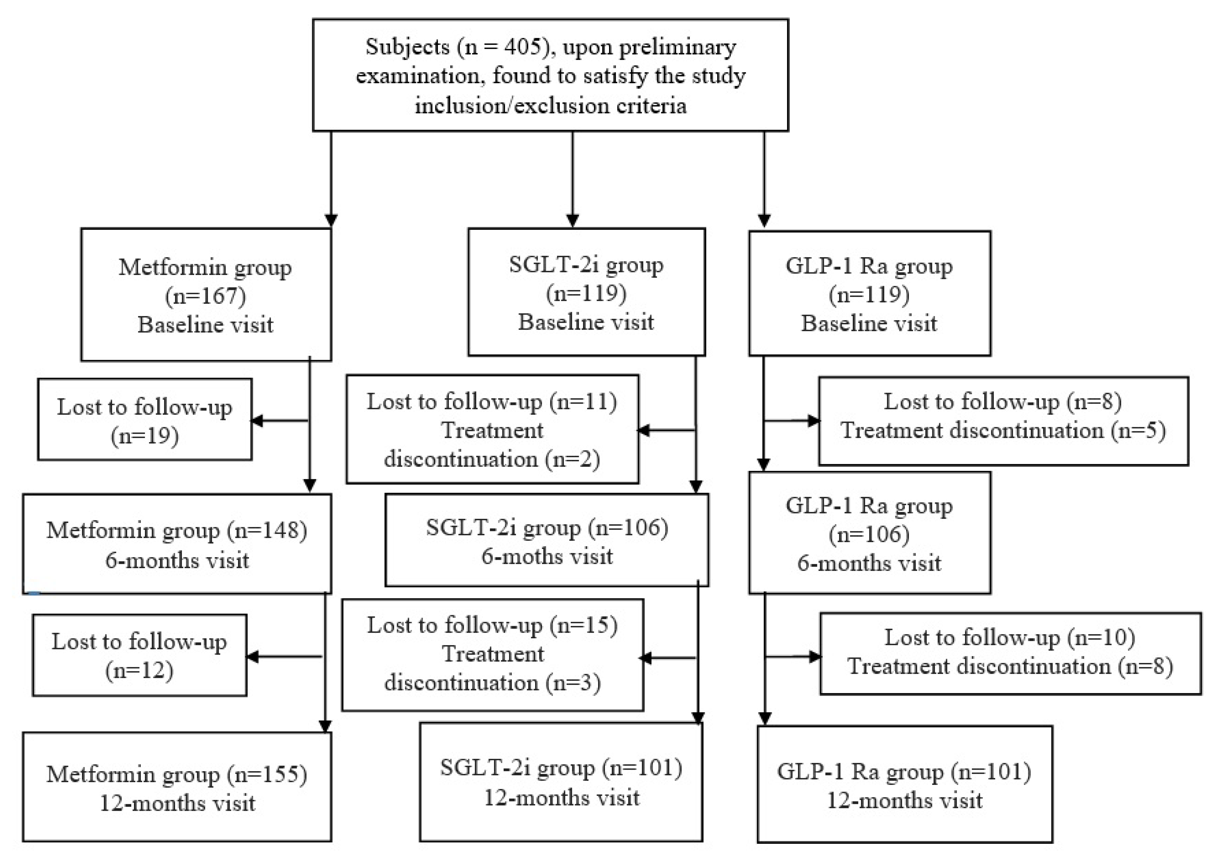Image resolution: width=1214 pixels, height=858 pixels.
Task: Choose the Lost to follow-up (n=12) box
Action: (139, 656)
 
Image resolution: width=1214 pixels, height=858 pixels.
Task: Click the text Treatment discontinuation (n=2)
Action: (492, 445)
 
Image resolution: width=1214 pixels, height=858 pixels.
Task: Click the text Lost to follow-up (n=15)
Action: (492, 625)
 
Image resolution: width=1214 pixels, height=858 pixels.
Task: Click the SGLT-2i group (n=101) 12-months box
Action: (561, 782)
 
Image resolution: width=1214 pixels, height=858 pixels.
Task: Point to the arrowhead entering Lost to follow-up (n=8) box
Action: (813, 421)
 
